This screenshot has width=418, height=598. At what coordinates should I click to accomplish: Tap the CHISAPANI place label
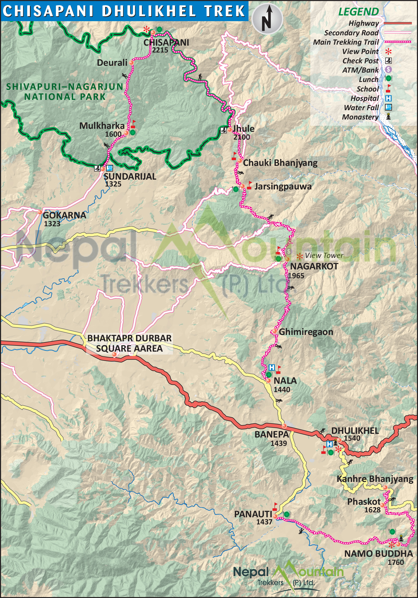pyautogui.click(x=166, y=42)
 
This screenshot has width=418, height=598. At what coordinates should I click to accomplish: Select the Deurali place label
pyautogui.click(x=112, y=63)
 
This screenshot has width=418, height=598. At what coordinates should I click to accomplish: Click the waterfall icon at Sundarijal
pyautogui.click(x=110, y=168)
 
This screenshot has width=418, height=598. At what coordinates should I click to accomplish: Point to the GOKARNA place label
pyautogui.click(x=64, y=215)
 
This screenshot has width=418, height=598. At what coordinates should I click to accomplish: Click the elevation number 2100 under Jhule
pyautogui.click(x=241, y=137)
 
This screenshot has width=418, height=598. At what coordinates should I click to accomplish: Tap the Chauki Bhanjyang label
pyautogui.click(x=280, y=163)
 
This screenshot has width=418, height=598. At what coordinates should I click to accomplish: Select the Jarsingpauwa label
pyautogui.click(x=283, y=186)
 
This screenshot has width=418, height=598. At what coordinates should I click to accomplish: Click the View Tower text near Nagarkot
pyautogui.click(x=324, y=255)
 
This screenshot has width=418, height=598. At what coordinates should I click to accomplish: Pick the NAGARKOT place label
pyautogui.click(x=314, y=266)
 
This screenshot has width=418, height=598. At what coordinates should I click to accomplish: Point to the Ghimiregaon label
pyautogui.click(x=306, y=332)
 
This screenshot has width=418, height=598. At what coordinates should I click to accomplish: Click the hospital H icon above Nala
pyautogui.click(x=271, y=368)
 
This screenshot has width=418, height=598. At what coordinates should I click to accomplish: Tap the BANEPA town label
pyautogui.click(x=271, y=434)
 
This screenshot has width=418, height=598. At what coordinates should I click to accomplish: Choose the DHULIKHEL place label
pyautogui.click(x=355, y=431)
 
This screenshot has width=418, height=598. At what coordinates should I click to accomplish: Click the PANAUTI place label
pyautogui.click(x=253, y=514)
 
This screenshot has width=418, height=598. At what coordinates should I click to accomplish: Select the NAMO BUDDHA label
pyautogui.click(x=379, y=554)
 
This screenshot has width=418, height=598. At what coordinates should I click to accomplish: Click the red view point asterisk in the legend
pyautogui.click(x=388, y=52)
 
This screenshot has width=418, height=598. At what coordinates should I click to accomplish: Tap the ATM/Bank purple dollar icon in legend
pyautogui.click(x=388, y=69)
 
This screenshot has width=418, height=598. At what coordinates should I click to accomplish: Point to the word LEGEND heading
pyautogui.click(x=358, y=12)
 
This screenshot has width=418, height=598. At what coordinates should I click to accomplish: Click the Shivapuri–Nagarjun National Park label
pyautogui.click(x=64, y=92)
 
